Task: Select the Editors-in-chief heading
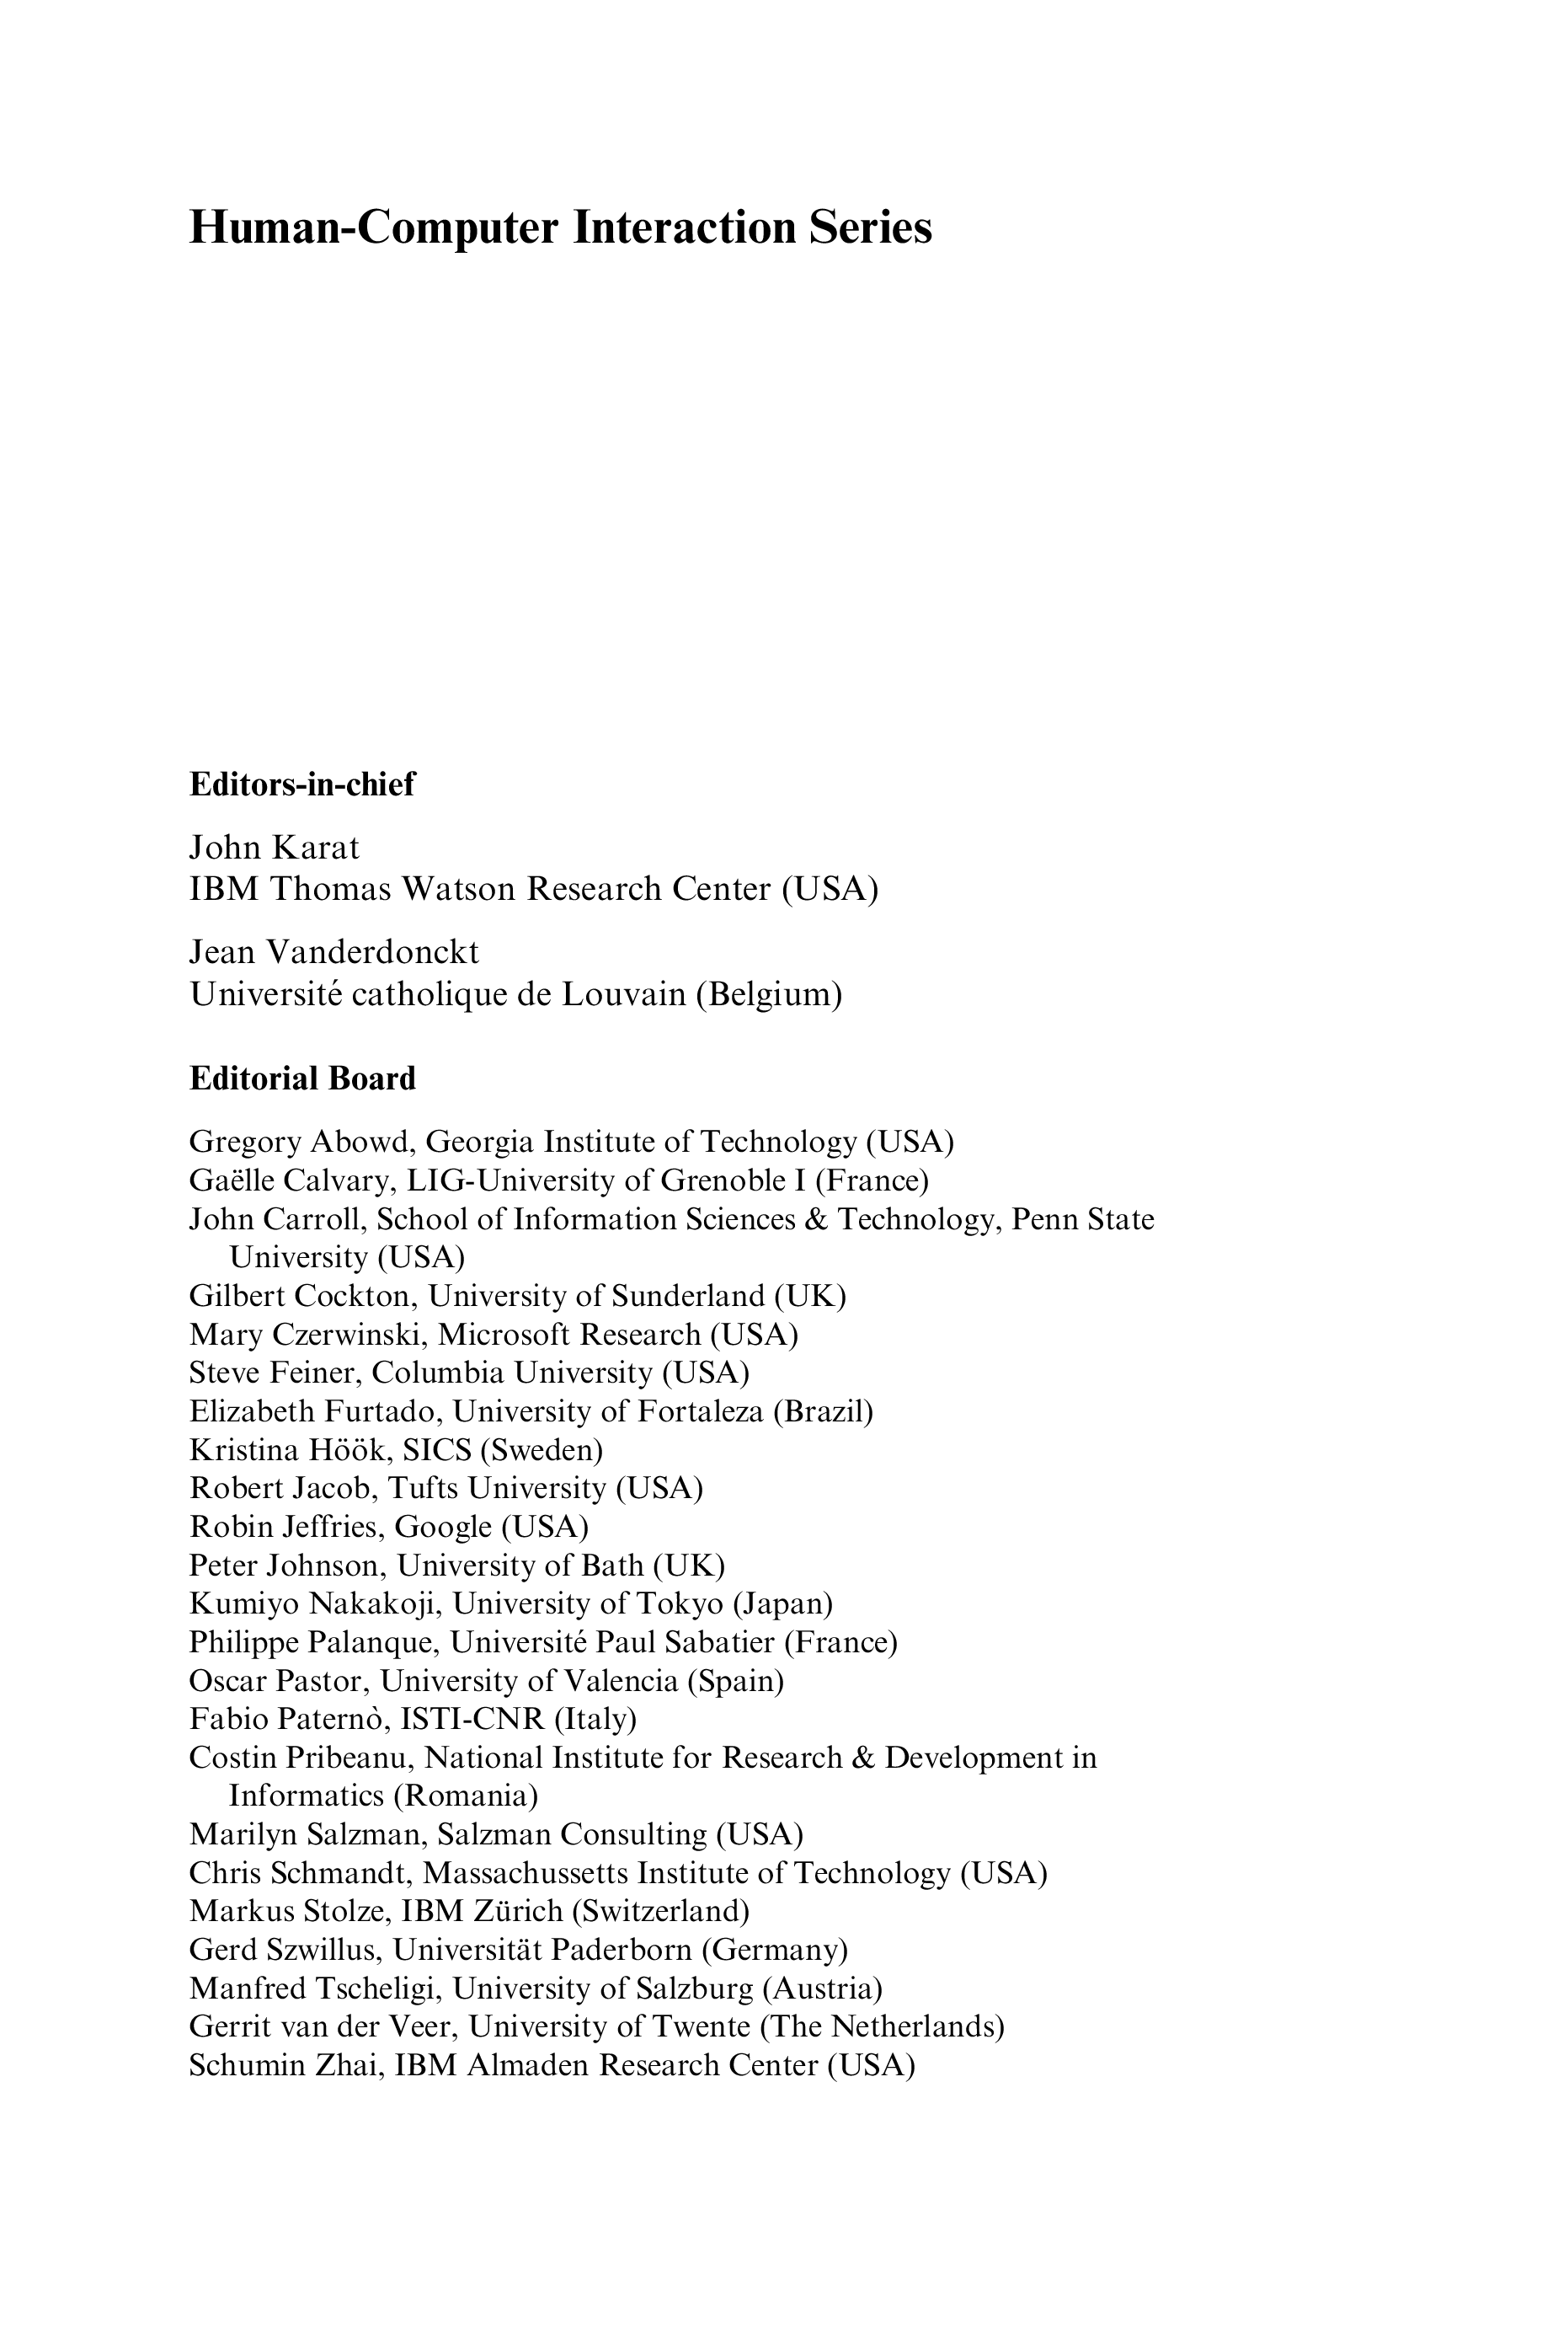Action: tap(301, 785)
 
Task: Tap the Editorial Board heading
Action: tap(301, 1079)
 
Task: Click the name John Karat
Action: tap(275, 847)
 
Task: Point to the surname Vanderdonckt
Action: tap(374, 952)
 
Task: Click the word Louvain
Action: tap(623, 995)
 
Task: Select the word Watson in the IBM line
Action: tap(459, 889)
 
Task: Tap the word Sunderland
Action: tap(688, 1297)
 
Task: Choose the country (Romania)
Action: tap(467, 1797)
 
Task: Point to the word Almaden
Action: tap(528, 2065)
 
